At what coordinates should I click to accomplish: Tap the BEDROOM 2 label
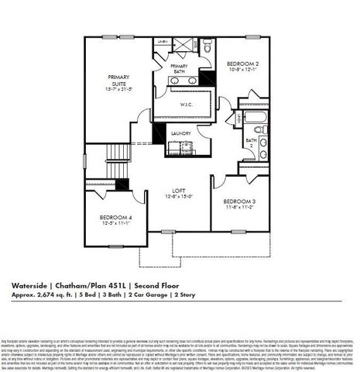[x=242, y=64]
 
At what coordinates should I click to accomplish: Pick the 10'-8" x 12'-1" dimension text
[x=242, y=71]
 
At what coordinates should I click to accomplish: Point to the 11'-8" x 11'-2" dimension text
[x=239, y=208]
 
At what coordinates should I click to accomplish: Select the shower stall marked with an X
[x=180, y=47]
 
